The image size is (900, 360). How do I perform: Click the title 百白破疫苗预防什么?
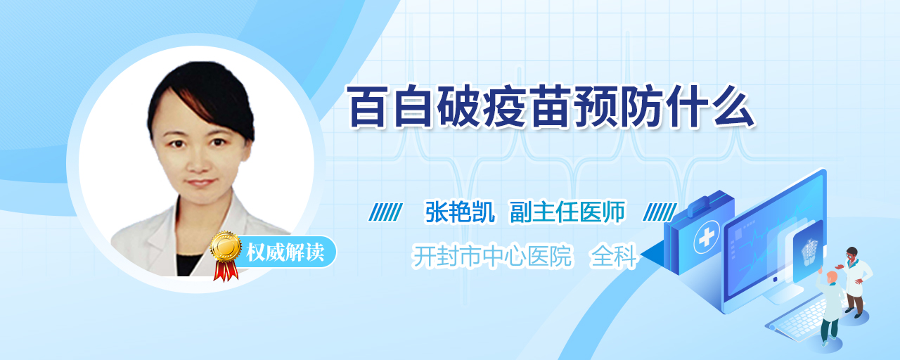(551, 106)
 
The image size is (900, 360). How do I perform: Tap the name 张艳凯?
(460, 212)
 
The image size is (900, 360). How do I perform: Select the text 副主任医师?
(567, 212)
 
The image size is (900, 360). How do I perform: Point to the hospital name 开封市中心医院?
(492, 256)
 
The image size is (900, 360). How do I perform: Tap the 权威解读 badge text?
(285, 252)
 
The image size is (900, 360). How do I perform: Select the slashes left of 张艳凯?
(385, 212)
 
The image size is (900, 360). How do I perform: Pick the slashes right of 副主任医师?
(660, 212)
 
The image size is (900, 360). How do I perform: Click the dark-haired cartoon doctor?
(855, 281)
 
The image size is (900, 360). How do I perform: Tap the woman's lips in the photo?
(201, 182)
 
